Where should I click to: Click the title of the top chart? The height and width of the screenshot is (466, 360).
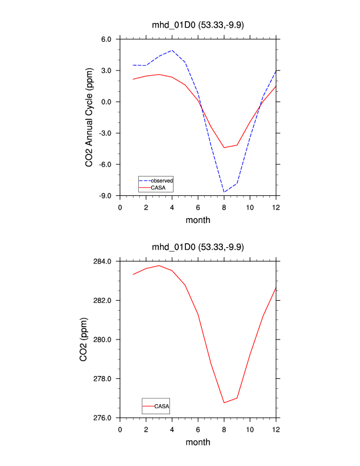click(198, 25)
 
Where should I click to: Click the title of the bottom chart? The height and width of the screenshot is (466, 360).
click(198, 247)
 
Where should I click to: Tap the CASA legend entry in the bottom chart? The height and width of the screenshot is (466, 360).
click(162, 406)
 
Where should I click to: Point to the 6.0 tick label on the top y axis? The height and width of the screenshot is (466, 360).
click(106, 39)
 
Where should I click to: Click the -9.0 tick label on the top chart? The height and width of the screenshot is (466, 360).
click(105, 195)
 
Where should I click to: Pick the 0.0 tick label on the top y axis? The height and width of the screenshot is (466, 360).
click(106, 102)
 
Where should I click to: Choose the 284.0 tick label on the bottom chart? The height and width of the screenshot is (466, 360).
click(103, 261)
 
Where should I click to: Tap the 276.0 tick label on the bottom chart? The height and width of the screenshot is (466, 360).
click(103, 418)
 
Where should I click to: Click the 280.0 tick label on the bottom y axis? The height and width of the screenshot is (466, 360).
click(103, 339)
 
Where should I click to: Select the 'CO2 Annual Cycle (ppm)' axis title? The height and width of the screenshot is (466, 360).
click(89, 118)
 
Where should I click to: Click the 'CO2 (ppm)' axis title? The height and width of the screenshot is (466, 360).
click(85, 339)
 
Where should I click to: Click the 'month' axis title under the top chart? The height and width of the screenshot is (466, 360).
click(198, 220)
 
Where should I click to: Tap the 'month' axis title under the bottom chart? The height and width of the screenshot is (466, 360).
click(198, 442)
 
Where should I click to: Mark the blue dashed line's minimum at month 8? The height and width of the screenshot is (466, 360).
click(224, 192)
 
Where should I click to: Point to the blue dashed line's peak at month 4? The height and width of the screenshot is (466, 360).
click(172, 50)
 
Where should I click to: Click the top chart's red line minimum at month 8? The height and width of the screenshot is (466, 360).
click(224, 148)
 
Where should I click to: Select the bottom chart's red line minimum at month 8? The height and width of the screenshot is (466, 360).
click(224, 402)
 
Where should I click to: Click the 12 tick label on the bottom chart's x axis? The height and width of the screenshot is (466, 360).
click(276, 429)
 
